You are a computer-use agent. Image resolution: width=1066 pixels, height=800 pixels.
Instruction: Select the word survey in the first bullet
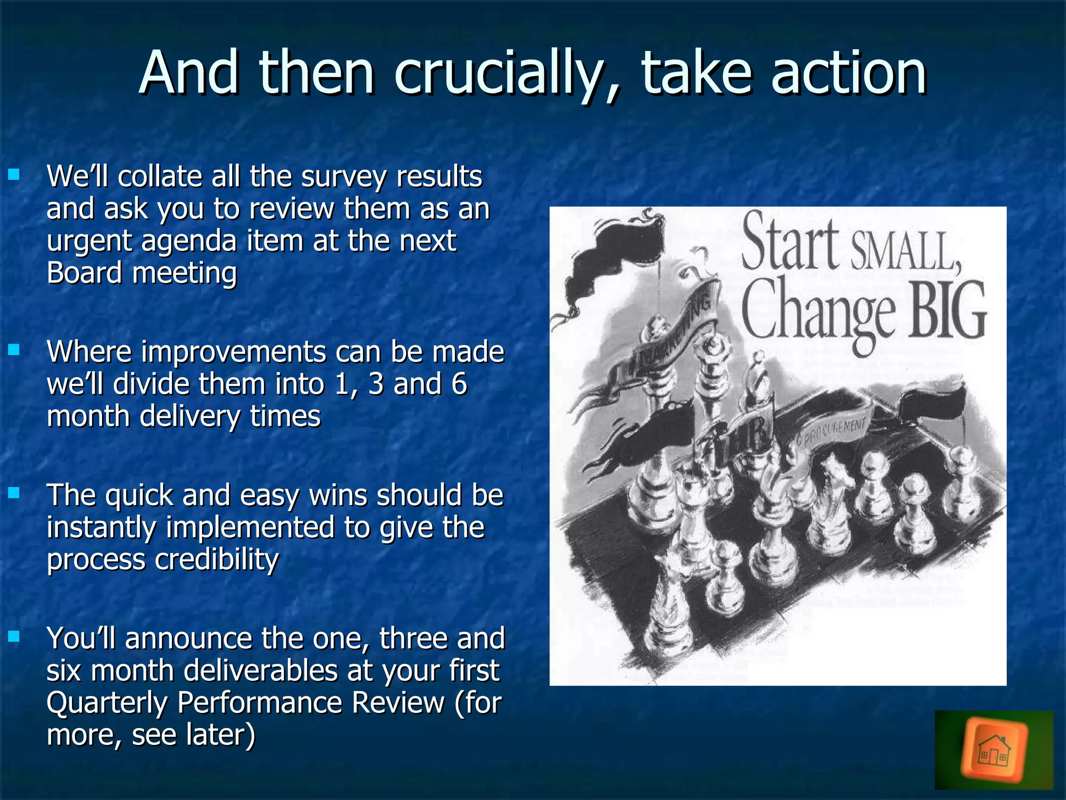pos(344,177)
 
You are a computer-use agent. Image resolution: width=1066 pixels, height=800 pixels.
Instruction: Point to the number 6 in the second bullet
pos(459,384)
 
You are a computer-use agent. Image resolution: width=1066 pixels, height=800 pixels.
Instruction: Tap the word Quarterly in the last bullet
pos(107,703)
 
